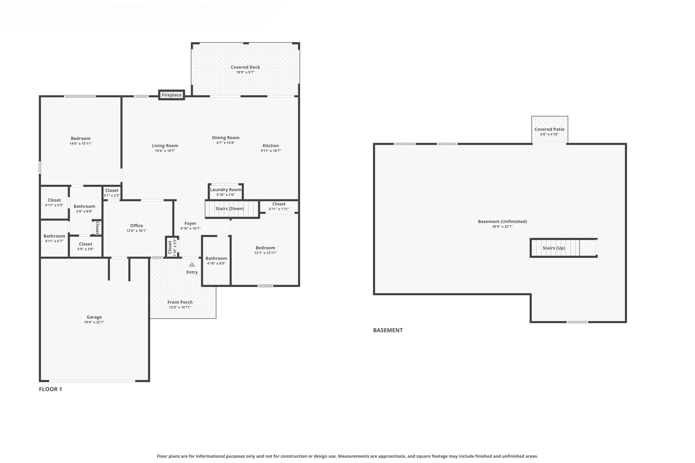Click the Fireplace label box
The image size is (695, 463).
point(171,95)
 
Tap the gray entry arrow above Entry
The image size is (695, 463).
point(192,265)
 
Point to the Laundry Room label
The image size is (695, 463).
point(226,190)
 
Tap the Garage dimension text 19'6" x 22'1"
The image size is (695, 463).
point(94,322)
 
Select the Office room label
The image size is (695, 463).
point(136,226)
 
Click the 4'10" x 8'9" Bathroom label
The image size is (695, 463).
point(216,258)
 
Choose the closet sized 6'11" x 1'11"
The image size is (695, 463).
point(279,206)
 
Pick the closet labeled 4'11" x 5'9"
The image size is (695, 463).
point(54,202)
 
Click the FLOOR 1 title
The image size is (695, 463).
point(51,389)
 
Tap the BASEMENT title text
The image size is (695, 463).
point(388,330)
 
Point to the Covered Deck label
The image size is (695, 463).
point(245,67)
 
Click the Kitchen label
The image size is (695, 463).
point(271,146)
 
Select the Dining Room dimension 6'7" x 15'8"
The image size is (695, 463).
point(226,143)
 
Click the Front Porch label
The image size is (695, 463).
point(180,302)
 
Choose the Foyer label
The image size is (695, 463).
point(190,223)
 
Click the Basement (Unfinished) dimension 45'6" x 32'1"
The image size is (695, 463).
point(502,227)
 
